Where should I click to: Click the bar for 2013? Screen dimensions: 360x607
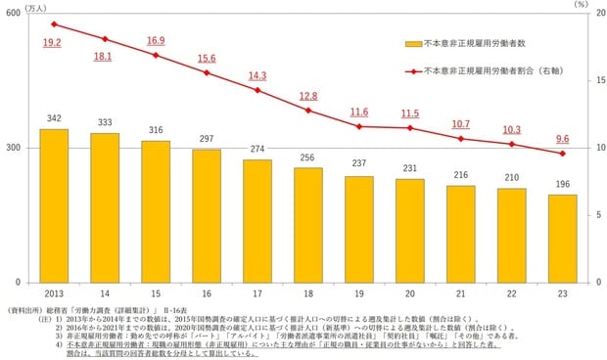(54, 205)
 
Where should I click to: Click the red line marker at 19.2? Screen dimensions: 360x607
(54, 23)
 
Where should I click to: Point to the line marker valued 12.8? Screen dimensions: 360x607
(307, 110)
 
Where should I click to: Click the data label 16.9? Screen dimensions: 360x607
(156, 41)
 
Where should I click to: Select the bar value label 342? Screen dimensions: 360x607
(54, 118)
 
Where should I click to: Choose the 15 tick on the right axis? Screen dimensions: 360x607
(585, 81)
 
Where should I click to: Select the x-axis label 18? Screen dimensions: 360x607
(307, 292)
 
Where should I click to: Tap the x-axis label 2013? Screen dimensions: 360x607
(54, 292)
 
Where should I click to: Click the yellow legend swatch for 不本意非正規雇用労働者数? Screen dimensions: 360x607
(412, 43)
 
